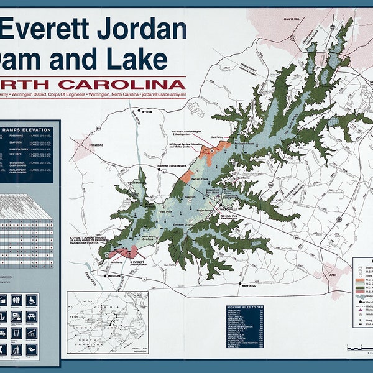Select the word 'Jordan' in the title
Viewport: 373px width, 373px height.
pyautogui.click(x=143, y=29)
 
